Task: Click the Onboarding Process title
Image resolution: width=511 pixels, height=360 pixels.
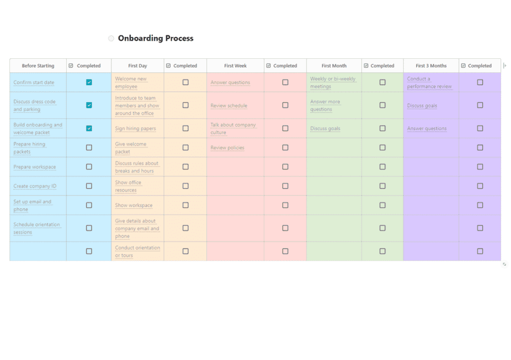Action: coord(156,38)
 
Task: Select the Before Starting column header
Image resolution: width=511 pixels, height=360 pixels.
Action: coord(38,66)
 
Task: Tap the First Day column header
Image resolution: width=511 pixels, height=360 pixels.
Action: coord(138,66)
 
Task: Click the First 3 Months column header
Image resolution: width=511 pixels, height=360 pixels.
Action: coord(431,66)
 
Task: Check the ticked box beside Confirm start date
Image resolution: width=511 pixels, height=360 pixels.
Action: coord(89,82)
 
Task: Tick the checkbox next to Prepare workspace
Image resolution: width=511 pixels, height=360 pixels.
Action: coord(89,167)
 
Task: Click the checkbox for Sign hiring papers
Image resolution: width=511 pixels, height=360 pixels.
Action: coord(186,128)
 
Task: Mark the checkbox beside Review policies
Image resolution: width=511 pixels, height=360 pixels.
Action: coord(285,148)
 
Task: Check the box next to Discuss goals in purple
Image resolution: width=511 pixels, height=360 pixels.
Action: coord(480,105)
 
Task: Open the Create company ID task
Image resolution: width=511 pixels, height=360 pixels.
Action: coord(35,186)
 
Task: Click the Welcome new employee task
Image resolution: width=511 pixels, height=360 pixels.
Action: coord(131,82)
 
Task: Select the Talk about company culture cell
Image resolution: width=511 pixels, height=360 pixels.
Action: coord(233,129)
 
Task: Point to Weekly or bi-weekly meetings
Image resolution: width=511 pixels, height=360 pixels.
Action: coord(333,82)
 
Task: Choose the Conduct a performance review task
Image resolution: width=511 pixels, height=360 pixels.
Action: coord(429,82)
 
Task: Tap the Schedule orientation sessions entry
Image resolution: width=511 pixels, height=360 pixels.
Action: coord(36,228)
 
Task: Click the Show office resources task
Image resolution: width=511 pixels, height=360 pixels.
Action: coord(128,186)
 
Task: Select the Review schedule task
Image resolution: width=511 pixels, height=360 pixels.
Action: coord(229,106)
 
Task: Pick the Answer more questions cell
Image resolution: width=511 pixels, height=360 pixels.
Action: coord(325,105)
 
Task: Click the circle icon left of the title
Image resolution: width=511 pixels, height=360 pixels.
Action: coord(111,38)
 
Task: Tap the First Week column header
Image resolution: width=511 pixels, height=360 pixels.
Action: coord(236,66)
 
